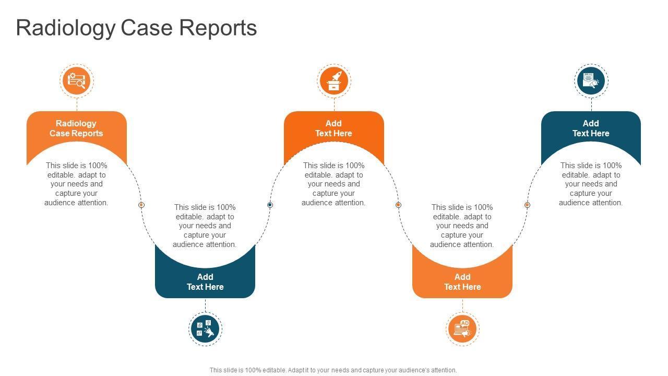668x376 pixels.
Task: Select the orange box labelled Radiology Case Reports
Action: point(76,128)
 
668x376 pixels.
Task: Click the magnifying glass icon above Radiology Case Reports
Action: point(77,81)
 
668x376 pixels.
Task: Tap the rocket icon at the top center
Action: point(334,81)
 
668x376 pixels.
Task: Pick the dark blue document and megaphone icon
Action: point(591,81)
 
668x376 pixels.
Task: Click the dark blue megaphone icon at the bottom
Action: point(205,329)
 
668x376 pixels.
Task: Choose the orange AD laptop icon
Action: point(462,329)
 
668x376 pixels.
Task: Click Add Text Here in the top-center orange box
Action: point(333,128)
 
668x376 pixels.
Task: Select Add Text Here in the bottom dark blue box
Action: point(205,282)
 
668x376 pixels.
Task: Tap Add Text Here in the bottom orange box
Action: point(462,282)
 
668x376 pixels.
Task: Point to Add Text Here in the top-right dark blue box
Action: point(591,128)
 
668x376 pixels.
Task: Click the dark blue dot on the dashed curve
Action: point(270,205)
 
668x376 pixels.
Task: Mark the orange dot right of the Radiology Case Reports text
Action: point(141,205)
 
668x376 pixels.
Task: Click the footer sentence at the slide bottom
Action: point(333,370)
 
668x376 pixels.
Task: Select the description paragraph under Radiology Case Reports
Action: point(76,184)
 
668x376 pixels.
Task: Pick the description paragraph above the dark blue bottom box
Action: point(205,226)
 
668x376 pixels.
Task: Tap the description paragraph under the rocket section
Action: point(333,184)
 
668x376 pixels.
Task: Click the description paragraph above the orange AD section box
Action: point(462,226)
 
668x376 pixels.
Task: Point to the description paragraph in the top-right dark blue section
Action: point(591,184)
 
